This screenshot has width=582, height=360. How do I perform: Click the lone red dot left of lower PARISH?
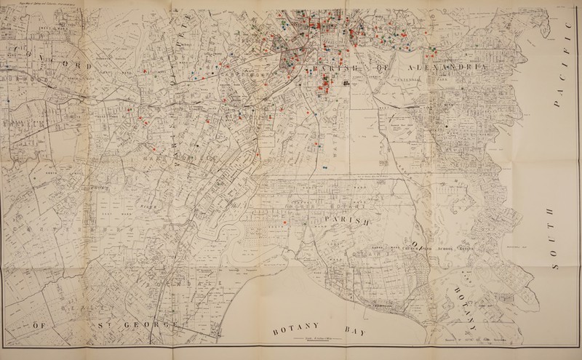pos(284,221)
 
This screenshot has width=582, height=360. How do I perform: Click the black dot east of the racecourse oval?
pos(442,129)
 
